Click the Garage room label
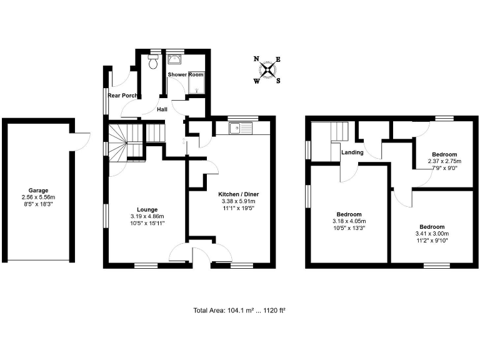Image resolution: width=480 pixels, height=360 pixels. tap(38, 191)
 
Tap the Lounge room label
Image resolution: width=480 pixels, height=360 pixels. tap(147, 209)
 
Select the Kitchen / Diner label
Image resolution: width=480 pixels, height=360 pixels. tap(238, 194)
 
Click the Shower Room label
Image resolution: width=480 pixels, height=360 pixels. tap(186, 74)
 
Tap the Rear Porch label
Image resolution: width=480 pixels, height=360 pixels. tap(124, 96)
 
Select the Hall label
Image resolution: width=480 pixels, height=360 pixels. tap(162, 109)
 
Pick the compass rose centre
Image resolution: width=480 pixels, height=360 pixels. tap(268, 69)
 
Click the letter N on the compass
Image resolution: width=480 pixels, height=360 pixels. tap(256, 59)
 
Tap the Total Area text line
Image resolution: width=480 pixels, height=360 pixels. tap(239, 310)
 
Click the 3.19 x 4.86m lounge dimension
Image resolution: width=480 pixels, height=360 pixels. tap(147, 217)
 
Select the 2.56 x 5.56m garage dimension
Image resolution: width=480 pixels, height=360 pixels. tap(38, 197)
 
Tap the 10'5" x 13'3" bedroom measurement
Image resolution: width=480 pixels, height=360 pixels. tap(349, 228)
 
